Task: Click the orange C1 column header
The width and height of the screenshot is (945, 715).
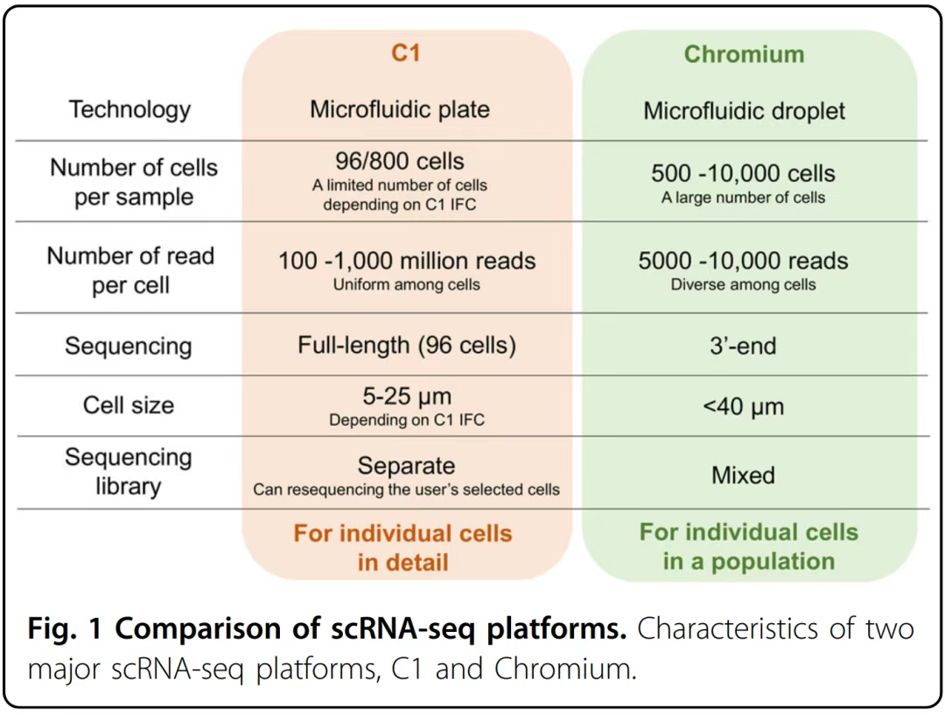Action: (405, 53)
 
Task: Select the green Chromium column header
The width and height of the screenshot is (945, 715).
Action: (744, 54)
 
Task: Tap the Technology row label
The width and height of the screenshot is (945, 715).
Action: (129, 109)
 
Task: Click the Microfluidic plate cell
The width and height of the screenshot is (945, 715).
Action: (400, 109)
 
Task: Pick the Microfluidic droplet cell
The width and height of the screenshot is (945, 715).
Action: (745, 111)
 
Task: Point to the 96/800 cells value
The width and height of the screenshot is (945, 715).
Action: (400, 161)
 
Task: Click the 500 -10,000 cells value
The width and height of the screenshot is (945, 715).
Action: (743, 173)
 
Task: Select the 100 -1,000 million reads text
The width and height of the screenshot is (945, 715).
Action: (407, 261)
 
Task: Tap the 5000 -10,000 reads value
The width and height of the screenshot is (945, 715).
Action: (743, 261)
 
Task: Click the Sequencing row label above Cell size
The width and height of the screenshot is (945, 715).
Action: (128, 346)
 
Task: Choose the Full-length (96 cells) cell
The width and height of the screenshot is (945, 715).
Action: (407, 345)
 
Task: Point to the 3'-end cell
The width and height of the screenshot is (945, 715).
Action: (743, 346)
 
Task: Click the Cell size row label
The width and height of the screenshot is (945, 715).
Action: (129, 405)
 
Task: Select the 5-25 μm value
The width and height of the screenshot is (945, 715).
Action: (407, 396)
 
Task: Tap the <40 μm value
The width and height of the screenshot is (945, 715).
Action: (743, 406)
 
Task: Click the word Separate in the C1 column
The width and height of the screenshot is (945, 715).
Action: (406, 466)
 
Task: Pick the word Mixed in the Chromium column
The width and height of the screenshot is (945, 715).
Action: (743, 475)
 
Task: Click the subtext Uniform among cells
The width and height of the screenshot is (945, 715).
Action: (407, 284)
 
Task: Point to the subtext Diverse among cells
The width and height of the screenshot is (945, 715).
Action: (743, 284)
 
